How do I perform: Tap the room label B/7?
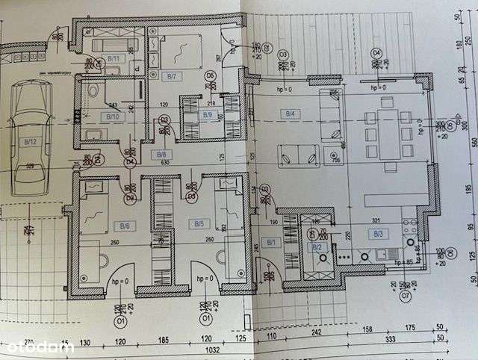(171, 75)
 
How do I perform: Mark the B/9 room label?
(208, 115)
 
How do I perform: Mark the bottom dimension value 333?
(389, 340)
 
